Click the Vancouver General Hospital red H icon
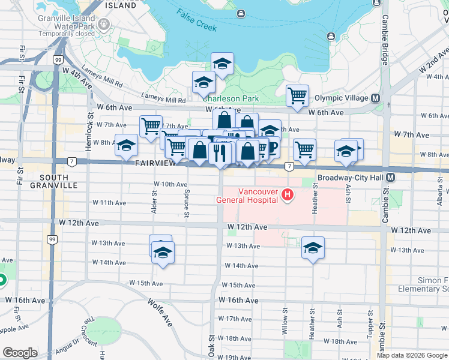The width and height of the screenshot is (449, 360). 288,194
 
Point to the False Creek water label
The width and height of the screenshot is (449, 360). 197,17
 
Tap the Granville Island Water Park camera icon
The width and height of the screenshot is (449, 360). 104,24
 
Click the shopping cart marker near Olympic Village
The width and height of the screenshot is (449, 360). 298,95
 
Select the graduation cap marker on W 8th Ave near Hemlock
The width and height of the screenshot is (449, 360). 126,146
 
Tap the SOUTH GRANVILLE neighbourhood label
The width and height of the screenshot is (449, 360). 58,181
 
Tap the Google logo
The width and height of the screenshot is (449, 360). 20,353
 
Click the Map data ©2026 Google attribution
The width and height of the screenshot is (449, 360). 411,355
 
